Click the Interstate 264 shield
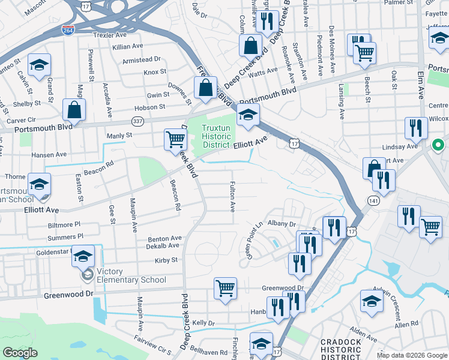(70, 29)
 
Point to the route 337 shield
(137, 122)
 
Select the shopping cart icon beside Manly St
(175, 140)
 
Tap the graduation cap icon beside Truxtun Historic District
(247, 115)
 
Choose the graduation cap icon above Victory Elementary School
(83, 256)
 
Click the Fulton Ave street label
(232, 197)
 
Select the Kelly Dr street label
(203, 323)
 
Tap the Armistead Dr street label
(142, 59)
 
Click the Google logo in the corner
(20, 353)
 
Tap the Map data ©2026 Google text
(412, 355)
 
